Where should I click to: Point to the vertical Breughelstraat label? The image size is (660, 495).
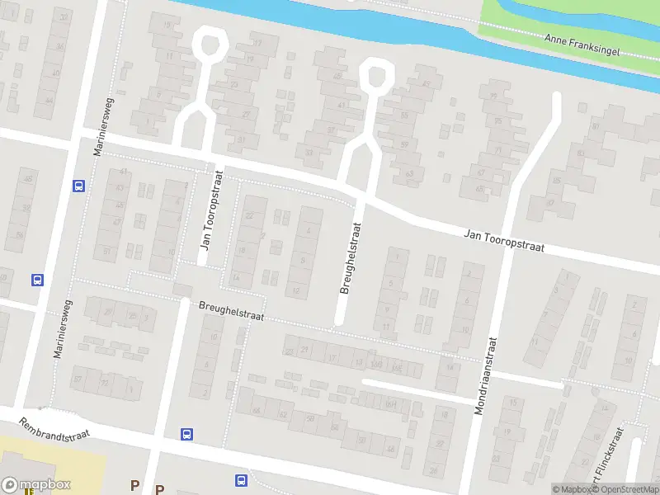click(x=351, y=257)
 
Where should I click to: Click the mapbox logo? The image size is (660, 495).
click(x=36, y=485)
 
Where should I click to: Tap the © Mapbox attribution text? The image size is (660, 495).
click(x=573, y=489)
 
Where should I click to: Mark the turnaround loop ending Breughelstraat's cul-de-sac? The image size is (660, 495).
click(x=375, y=73)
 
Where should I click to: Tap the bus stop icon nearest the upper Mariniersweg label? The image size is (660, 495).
click(x=79, y=186)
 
